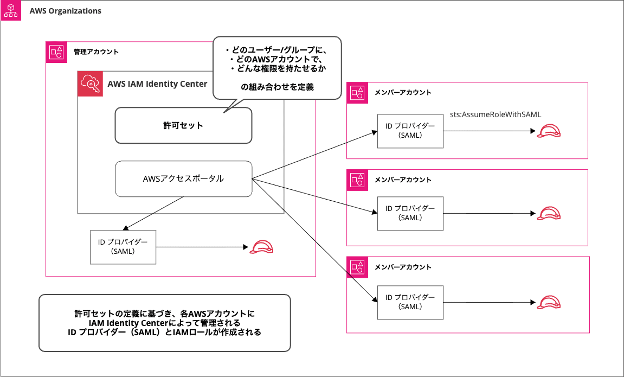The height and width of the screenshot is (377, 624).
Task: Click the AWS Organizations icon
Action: pos(11,11)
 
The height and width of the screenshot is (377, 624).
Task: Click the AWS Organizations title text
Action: pos(65,11)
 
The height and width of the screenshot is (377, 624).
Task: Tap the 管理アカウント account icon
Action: pos(56,52)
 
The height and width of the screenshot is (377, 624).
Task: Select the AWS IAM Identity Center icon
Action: pos(89,84)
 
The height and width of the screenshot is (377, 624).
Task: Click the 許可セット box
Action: pos(183,125)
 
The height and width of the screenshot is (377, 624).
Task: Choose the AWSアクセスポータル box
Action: pos(183,178)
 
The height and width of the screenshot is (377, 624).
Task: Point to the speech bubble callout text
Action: pos(277,68)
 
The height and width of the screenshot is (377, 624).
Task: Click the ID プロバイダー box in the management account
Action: pos(123,247)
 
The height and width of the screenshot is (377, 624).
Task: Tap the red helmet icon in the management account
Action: pos(261,247)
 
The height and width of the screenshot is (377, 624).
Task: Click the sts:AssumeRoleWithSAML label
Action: pos(496,114)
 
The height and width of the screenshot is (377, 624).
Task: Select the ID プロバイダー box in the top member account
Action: pos(410,131)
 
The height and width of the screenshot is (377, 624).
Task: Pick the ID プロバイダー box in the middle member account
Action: pos(410,213)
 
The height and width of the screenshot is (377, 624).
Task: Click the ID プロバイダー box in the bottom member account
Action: pos(410,302)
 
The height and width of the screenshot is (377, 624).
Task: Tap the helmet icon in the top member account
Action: pos(548,131)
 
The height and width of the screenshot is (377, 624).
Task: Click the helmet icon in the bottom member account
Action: pos(548,302)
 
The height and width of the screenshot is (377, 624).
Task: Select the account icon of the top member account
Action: pos(357,93)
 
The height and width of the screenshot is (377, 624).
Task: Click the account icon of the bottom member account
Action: pos(357,267)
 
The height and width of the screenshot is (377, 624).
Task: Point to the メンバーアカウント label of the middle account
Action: pos(403,180)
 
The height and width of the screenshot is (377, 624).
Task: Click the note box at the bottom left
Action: pos(165,323)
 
